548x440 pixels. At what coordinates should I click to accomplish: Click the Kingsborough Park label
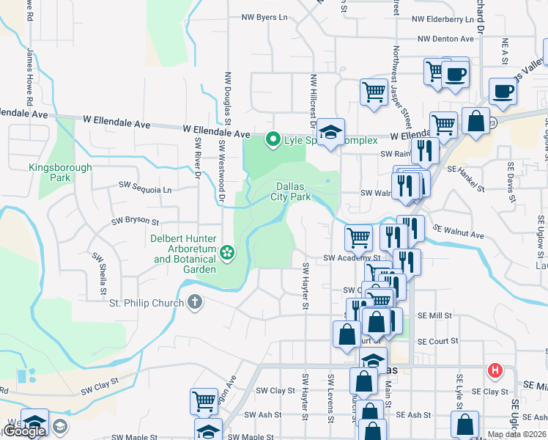tap(60, 172)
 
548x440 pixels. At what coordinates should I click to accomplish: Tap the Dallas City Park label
tap(294, 191)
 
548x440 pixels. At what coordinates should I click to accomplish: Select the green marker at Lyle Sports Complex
tap(273, 139)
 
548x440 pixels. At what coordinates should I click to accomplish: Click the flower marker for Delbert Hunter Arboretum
tap(227, 253)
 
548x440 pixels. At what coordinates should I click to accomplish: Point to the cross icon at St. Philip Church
tap(194, 301)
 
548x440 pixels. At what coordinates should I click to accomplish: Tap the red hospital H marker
tap(496, 370)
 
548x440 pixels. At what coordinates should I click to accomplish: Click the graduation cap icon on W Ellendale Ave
tap(330, 132)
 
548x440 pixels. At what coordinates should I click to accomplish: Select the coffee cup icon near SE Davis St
tap(503, 91)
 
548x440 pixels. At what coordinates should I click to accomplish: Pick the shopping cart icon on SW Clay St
tap(204, 401)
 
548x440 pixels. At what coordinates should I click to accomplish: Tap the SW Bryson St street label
tap(135, 220)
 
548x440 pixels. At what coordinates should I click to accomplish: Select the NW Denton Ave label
tap(446, 39)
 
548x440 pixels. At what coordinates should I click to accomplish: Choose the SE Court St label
tap(437, 341)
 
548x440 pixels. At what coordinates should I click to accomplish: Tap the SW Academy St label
tap(352, 258)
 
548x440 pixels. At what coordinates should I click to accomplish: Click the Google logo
tap(23, 431)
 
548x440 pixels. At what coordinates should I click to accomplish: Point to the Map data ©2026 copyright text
tap(516, 434)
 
